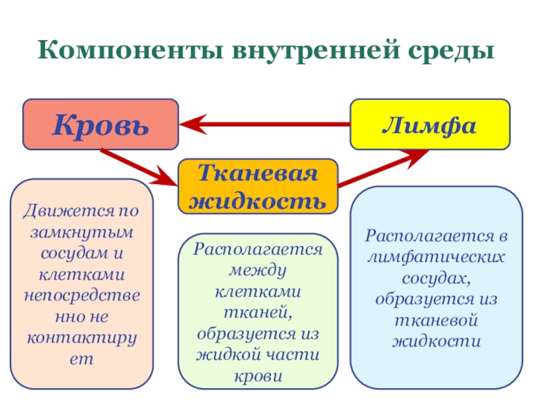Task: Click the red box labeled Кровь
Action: click(101, 125)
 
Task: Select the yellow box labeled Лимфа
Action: click(429, 124)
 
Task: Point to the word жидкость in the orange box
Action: click(257, 200)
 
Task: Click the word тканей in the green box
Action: click(257, 311)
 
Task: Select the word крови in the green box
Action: click(257, 375)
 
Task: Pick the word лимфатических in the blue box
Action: click(436, 257)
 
